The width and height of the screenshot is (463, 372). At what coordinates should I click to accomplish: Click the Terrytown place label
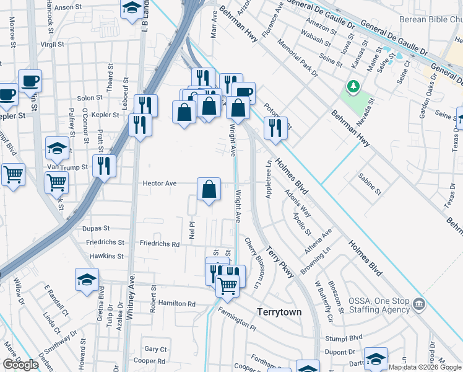click(x=279, y=312)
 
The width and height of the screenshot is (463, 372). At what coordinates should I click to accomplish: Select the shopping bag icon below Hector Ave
click(x=209, y=189)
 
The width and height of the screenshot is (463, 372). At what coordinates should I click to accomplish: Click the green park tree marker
click(x=353, y=87)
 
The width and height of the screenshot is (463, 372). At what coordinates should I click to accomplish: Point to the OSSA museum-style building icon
click(x=419, y=304)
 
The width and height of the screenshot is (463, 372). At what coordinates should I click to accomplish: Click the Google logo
click(x=20, y=365)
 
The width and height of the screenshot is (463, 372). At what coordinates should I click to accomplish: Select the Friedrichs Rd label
click(x=159, y=244)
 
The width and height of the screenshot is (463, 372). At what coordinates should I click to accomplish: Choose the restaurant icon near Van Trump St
click(x=103, y=166)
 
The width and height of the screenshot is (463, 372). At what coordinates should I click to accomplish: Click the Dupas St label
click(x=95, y=228)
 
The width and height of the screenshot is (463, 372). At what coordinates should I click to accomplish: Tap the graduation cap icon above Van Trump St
click(x=57, y=148)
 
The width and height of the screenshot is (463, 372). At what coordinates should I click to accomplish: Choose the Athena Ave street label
click(x=318, y=241)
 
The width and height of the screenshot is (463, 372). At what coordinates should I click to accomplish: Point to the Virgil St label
click(x=52, y=45)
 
